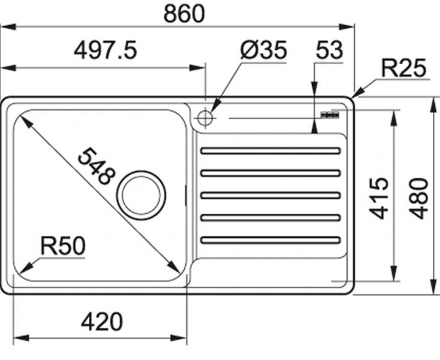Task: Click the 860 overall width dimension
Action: [x=184, y=14]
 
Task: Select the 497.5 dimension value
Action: [x=106, y=51]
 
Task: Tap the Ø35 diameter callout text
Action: [x=264, y=51]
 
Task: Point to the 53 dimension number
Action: [x=329, y=51]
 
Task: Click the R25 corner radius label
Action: [x=404, y=69]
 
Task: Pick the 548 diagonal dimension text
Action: [x=96, y=166]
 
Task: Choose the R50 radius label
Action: [x=62, y=245]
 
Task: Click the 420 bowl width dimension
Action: [x=101, y=322]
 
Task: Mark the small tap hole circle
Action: [x=204, y=118]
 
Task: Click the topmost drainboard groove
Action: [x=270, y=151]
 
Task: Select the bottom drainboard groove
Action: [x=270, y=240]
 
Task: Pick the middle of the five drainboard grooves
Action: [x=270, y=195]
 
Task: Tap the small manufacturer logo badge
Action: [x=330, y=113]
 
